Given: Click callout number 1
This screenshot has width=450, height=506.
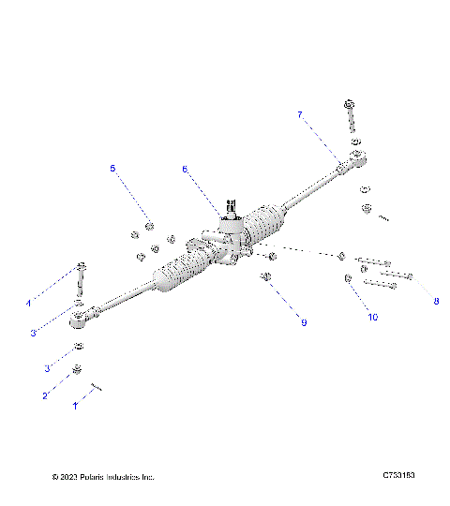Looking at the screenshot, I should pyautogui.click(x=76, y=407).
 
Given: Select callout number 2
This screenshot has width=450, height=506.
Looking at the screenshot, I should pyautogui.click(x=44, y=395).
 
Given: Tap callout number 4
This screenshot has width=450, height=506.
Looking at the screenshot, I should pyautogui.click(x=28, y=304).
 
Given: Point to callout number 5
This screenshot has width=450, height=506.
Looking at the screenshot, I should pyautogui.click(x=112, y=169).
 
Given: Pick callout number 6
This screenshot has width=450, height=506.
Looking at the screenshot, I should pyautogui.click(x=185, y=170).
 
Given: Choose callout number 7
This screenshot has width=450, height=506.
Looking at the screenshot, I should pyautogui.click(x=299, y=114).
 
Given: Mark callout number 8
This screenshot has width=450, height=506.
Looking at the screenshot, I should pyautogui.click(x=435, y=301).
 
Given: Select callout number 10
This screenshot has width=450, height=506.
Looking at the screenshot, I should pyautogui.click(x=372, y=318).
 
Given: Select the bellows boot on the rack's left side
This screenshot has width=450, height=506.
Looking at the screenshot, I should pyautogui.click(x=177, y=275).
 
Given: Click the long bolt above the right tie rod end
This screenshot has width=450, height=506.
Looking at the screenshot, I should pyautogui.click(x=350, y=117).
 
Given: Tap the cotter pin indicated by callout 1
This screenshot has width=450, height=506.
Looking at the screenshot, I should pyautogui.click(x=97, y=386).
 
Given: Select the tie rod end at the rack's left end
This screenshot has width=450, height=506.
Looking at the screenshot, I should pyautogui.click(x=82, y=320).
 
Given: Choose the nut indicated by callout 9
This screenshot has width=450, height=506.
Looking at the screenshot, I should pyautogui.click(x=266, y=276).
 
